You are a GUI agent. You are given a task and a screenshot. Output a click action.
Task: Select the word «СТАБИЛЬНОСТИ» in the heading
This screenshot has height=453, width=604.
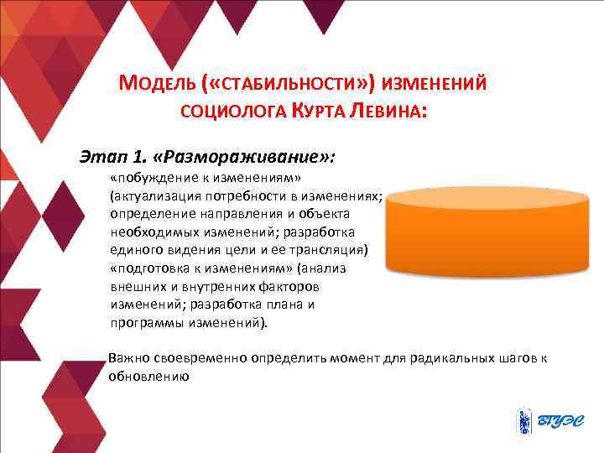(x=279, y=85)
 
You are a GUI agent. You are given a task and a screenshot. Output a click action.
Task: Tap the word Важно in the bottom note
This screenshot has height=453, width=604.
(x=128, y=358)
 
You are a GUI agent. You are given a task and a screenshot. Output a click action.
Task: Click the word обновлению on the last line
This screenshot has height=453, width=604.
(x=146, y=377)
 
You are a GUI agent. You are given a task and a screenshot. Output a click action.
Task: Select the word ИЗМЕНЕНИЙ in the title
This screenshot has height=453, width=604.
(x=435, y=85)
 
